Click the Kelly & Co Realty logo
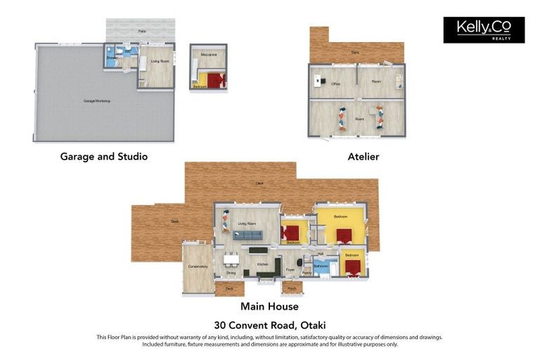pos(484,30)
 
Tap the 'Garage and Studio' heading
pos(104,157)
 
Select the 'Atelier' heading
pos(363,157)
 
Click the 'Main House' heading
pos(269,307)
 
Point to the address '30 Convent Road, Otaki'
pos(269,325)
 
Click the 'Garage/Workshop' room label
pos(97,101)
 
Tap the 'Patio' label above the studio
pos(141,31)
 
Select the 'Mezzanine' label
pos(209,54)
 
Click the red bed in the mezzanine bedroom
pos(215,81)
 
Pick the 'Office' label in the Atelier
pos(336,84)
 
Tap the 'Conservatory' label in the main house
pos(198,266)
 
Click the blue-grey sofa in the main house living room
pos(247,236)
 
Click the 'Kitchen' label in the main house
pos(262,264)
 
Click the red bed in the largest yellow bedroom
pos(344,236)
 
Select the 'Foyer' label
pos(290,269)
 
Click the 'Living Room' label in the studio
pos(160,61)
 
